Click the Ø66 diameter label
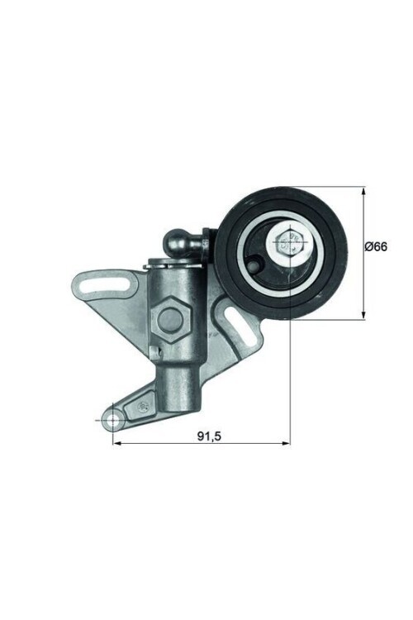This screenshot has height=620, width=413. coord(377,247)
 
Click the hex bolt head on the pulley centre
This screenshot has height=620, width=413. coord(289,242)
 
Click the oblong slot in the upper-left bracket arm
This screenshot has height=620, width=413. coord(116,286)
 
